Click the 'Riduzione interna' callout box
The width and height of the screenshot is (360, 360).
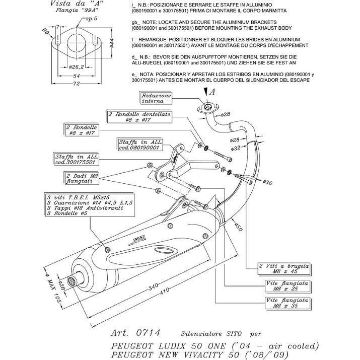pyautogui.click(x=157, y=98)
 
